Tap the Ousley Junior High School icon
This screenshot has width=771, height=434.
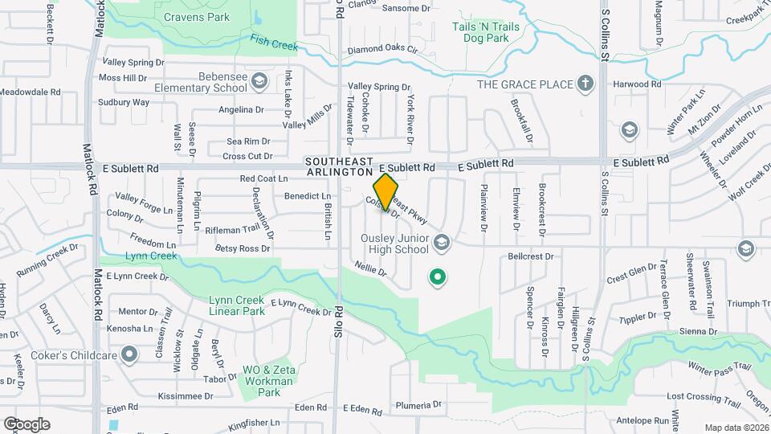click(441, 242)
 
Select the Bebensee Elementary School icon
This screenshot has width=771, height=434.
click(259, 81)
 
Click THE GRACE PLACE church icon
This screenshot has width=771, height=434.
click(586, 84)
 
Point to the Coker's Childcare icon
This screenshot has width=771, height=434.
click(129, 354)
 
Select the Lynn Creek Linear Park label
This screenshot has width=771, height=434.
click(237, 305)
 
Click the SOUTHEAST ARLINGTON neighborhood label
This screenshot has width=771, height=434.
click(340, 166)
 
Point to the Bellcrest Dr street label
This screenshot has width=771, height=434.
click(531, 257)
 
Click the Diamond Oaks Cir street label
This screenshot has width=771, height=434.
click(383, 50)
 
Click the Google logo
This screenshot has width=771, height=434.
click(27, 424)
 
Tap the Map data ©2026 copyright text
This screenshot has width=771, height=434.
click(736, 428)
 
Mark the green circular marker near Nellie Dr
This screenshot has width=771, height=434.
click(438, 278)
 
